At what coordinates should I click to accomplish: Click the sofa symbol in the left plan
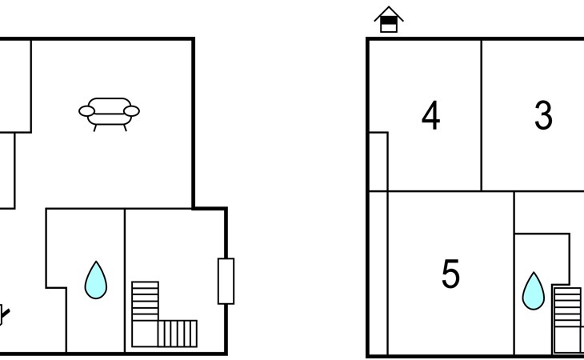point(109,113)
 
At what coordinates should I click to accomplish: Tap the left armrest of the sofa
point(86,111)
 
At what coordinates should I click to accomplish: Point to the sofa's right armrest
point(132,111)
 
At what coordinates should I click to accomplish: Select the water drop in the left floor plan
point(96,280)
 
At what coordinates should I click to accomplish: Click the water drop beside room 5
point(533,291)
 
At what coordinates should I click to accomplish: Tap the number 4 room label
point(430,117)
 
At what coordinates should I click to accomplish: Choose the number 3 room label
point(543,117)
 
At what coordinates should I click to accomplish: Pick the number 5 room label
point(450,274)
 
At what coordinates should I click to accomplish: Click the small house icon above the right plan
point(388,20)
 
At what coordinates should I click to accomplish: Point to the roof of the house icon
point(388,12)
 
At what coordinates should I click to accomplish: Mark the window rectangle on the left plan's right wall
point(226,281)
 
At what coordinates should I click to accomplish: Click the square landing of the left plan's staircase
point(145,333)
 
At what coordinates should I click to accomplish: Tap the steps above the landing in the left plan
point(145,300)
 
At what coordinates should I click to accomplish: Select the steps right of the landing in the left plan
point(178,333)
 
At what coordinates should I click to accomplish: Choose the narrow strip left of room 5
point(378,272)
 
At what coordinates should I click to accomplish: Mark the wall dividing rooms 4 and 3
point(482,115)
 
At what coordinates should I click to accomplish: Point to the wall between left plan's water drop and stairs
point(125,280)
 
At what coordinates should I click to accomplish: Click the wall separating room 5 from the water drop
point(514,272)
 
